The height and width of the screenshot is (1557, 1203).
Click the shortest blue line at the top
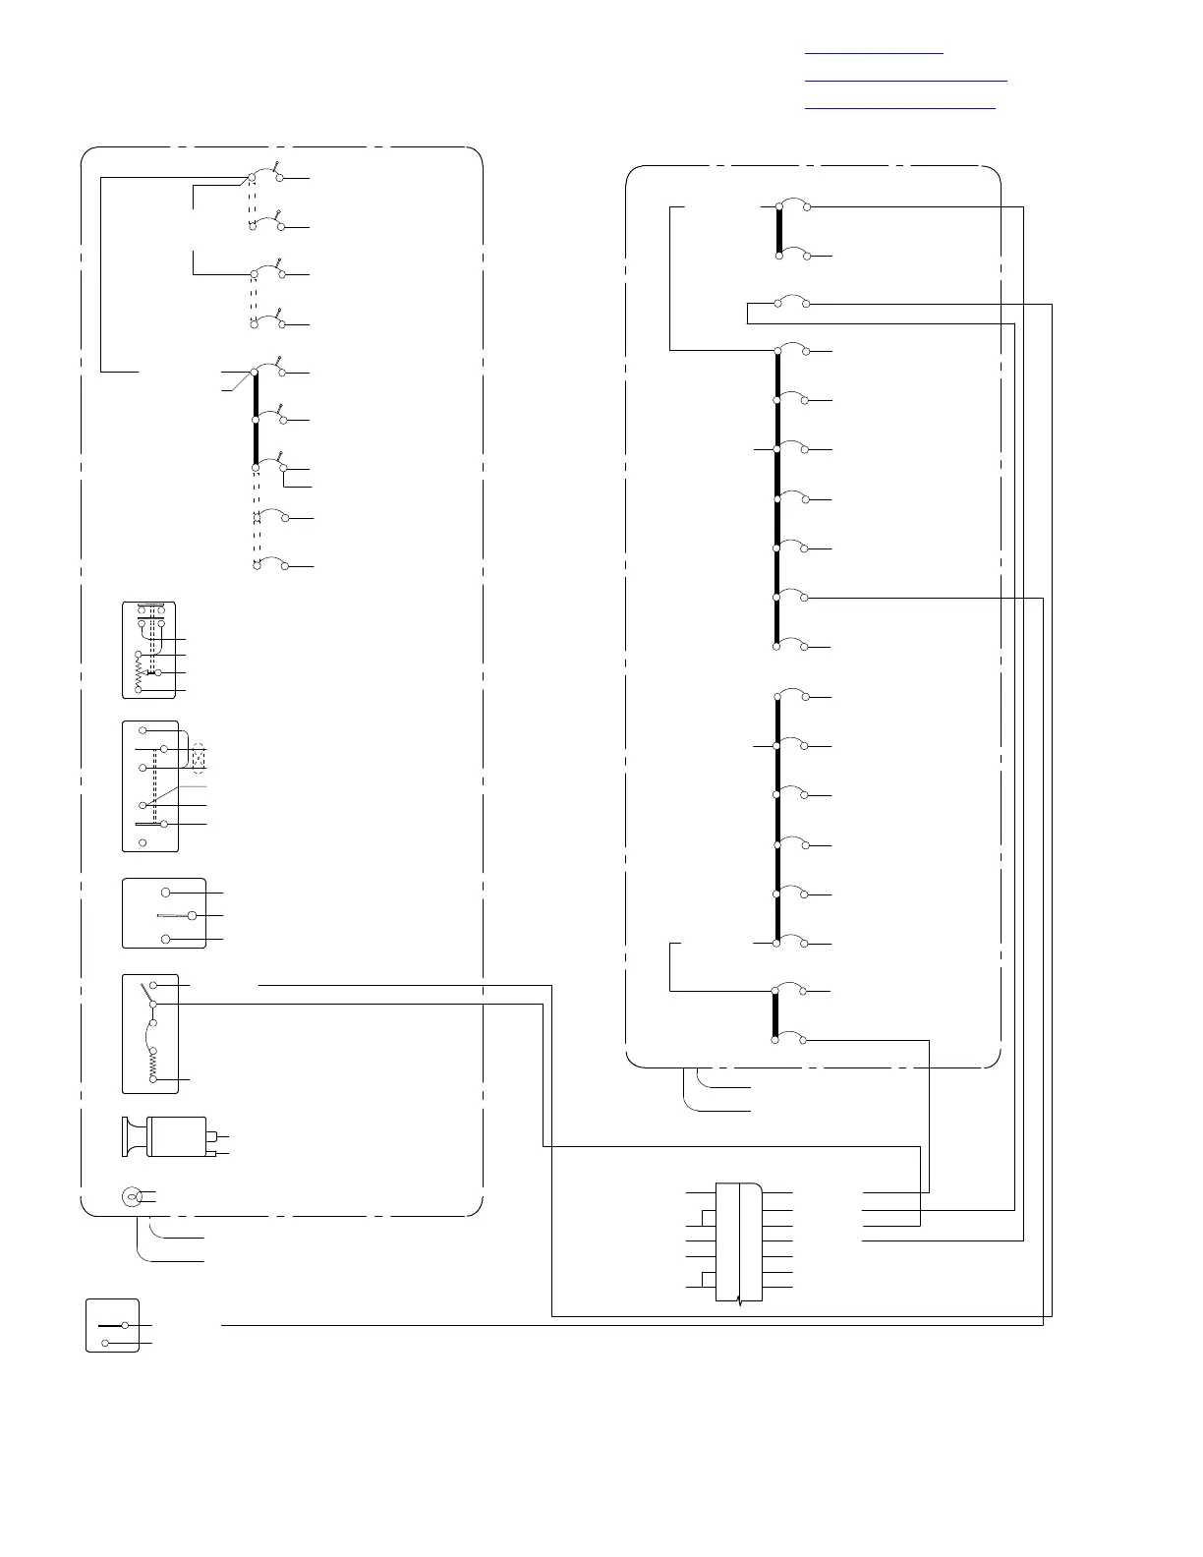(874, 53)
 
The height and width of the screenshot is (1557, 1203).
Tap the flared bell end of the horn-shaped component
(128, 1136)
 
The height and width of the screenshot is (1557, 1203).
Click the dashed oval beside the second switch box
(200, 757)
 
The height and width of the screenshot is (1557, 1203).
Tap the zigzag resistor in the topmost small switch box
(139, 672)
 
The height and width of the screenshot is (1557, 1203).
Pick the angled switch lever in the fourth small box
(148, 993)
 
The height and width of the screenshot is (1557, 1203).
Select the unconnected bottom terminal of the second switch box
(143, 842)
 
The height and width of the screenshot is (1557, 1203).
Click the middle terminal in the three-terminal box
(192, 916)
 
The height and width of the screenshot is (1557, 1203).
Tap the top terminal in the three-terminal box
(166, 892)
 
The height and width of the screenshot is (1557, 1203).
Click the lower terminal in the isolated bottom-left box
(105, 1343)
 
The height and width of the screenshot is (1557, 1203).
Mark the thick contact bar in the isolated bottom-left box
(110, 1325)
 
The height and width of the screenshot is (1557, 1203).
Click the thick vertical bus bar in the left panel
(256, 418)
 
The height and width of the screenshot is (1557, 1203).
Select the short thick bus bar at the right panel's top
(778, 231)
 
